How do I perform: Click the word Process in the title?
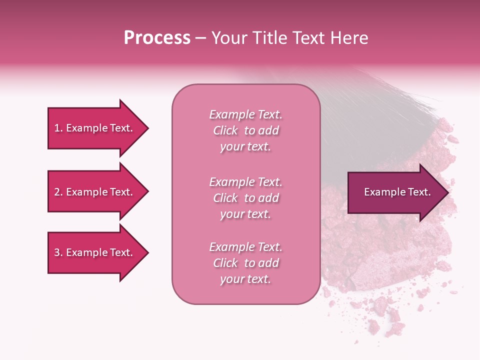click(x=157, y=38)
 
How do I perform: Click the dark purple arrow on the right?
click(x=395, y=192)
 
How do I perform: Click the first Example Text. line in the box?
click(x=245, y=114)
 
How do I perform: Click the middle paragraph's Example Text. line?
click(x=245, y=181)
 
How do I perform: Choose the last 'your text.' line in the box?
click(x=245, y=279)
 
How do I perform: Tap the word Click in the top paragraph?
click(x=225, y=130)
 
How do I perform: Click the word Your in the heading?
click(x=229, y=38)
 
